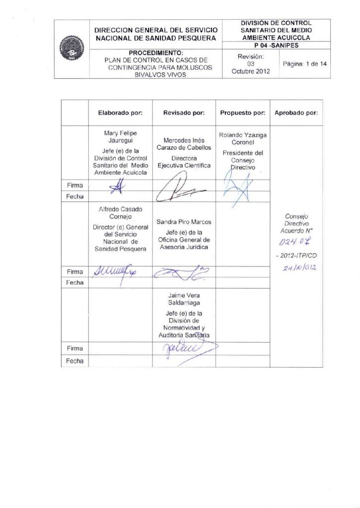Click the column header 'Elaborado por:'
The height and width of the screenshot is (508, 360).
click(120, 113)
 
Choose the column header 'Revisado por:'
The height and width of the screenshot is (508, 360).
click(184, 113)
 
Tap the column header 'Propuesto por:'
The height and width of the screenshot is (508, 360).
click(243, 113)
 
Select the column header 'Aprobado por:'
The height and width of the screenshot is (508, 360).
click(295, 113)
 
